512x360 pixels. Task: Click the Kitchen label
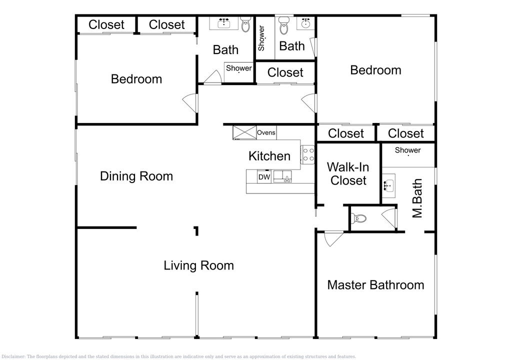click(269, 156)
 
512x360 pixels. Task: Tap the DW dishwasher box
click(264, 177)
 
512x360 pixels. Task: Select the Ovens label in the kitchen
click(266, 132)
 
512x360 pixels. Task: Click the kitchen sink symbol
click(283, 176)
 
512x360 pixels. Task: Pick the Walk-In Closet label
click(348, 174)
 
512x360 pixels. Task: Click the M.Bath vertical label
click(417, 198)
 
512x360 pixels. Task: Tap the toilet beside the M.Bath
click(358, 218)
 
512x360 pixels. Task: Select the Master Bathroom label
click(375, 285)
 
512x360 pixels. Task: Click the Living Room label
click(198, 265)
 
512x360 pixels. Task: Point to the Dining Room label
click(136, 176)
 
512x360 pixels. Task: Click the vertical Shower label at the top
click(261, 38)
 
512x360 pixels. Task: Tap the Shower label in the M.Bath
click(407, 150)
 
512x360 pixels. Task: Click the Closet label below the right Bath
click(285, 72)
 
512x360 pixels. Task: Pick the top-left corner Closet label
click(106, 24)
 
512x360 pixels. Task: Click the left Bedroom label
click(136, 79)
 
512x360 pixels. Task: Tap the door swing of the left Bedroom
click(189, 103)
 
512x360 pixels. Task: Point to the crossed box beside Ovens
click(244, 132)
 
